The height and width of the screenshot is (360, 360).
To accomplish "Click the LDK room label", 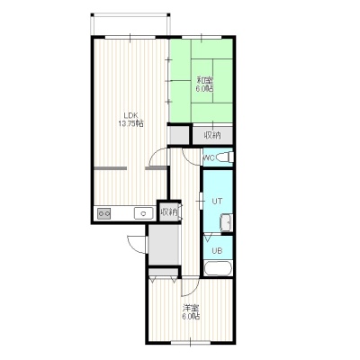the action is [130, 115].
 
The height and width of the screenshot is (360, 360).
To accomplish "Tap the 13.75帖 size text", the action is [130, 123].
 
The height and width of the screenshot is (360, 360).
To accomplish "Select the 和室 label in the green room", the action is [205, 80].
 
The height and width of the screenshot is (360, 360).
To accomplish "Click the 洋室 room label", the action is [192, 308].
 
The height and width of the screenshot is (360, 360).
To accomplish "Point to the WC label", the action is [209, 157].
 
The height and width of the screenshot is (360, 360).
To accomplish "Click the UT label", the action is [217, 202].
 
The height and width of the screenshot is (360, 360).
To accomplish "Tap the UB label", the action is [217, 250].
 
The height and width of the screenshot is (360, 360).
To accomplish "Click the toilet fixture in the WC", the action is [225, 157].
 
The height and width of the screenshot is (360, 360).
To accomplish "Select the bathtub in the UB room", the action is [218, 268].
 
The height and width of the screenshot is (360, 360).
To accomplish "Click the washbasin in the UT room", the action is [227, 222].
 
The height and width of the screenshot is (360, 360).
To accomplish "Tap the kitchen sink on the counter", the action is [144, 213].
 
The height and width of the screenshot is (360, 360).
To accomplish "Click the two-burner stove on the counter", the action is [104, 213].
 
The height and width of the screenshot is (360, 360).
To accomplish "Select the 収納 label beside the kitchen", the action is [169, 212].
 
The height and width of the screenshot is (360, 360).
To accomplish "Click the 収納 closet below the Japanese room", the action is [212, 135].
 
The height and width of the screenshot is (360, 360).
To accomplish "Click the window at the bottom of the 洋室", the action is [191, 342].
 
